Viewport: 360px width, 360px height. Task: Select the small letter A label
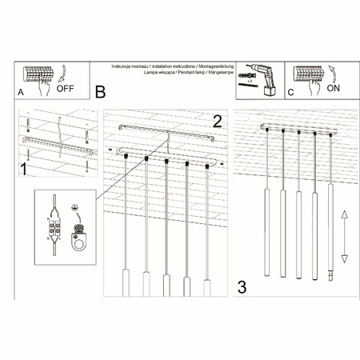[x=20, y=94]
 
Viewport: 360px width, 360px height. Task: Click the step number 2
[x=216, y=122]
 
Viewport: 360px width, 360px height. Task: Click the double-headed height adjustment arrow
[x=343, y=236]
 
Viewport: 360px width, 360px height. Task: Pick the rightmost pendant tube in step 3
[x=330, y=232]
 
